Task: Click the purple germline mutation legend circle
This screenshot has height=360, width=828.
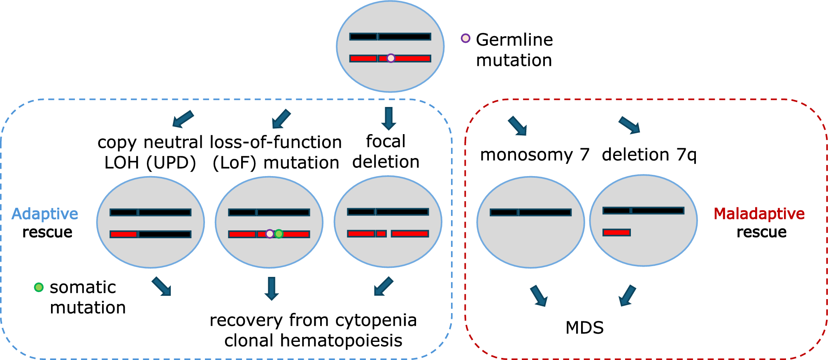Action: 465,38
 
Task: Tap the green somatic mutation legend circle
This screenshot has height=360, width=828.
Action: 39,287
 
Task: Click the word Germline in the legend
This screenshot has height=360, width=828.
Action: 514,40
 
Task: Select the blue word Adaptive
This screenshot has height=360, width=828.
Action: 45,214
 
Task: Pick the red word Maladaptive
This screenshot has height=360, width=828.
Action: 759,214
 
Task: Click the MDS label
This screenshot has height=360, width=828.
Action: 584,328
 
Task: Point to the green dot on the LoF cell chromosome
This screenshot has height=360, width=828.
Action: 279,234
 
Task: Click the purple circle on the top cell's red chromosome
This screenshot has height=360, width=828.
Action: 391,58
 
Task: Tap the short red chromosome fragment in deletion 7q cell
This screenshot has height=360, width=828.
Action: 616,232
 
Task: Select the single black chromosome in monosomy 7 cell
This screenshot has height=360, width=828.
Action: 530,212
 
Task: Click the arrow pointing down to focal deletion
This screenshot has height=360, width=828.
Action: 388,118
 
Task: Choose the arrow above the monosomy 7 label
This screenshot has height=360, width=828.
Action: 518,126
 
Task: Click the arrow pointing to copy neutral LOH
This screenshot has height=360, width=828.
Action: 183,119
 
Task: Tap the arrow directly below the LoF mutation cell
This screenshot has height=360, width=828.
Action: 272,288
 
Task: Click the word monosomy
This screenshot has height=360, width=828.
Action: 526,155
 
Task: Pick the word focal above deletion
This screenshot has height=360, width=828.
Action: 386,142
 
